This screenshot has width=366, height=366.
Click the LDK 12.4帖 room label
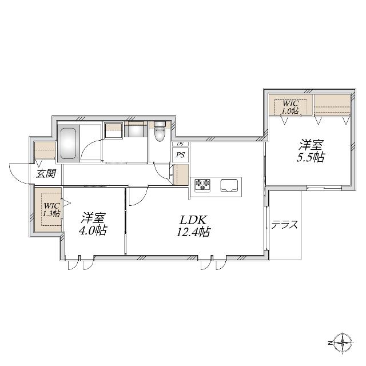click(193, 226)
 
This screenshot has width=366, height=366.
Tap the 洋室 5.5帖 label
click(311, 151)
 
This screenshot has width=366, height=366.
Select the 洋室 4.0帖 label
click(93, 224)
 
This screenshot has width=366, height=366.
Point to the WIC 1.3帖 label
click(52, 210)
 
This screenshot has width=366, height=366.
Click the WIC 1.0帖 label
click(290, 107)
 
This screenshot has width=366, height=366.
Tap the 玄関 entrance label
click(46, 174)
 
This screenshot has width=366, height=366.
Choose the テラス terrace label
click(285, 225)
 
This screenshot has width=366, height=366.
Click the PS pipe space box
click(180, 155)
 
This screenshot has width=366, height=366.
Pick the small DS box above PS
click(180, 144)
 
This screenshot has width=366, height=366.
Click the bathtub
click(69, 144)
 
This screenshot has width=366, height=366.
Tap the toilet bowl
click(160, 132)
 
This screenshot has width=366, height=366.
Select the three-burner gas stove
click(202, 185)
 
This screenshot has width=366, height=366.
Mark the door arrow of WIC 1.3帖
click(66, 203)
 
